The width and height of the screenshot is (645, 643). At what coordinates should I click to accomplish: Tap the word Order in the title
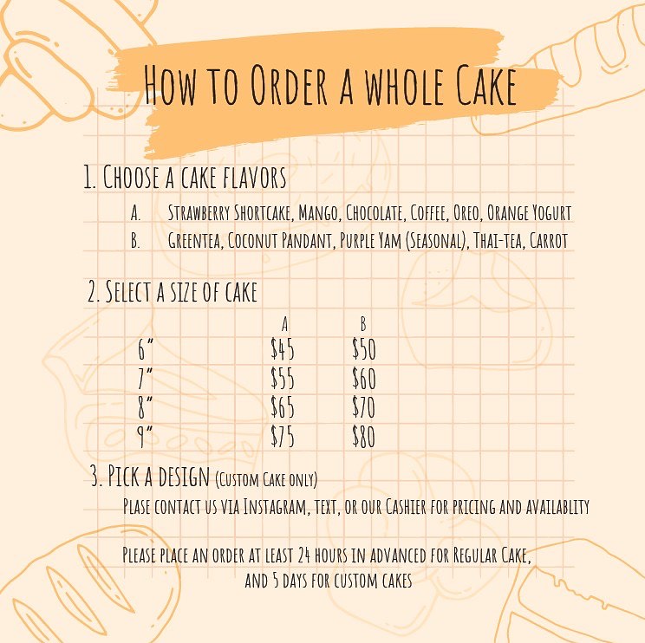(289, 85)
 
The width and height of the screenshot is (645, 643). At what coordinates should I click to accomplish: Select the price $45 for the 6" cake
(283, 349)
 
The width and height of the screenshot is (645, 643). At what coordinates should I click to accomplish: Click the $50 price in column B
(364, 349)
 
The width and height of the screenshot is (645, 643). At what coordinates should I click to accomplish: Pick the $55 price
(283, 378)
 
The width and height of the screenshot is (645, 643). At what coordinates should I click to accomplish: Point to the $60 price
(364, 378)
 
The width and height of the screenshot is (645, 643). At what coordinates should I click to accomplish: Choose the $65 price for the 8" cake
(283, 407)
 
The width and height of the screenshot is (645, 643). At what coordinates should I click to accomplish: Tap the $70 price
(364, 407)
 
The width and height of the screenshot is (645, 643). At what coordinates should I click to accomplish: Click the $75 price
(283, 436)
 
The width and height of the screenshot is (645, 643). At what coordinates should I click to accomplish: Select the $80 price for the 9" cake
(364, 436)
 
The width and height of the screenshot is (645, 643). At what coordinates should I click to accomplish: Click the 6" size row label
(145, 350)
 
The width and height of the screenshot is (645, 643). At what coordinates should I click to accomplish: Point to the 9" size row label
(145, 437)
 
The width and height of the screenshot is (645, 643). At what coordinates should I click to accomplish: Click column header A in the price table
(284, 324)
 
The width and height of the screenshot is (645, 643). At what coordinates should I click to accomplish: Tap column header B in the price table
(363, 324)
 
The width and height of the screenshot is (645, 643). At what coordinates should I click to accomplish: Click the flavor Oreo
(467, 213)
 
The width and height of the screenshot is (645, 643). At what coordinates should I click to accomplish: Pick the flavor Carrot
(549, 241)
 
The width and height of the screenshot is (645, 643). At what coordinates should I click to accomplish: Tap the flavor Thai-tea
(498, 241)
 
